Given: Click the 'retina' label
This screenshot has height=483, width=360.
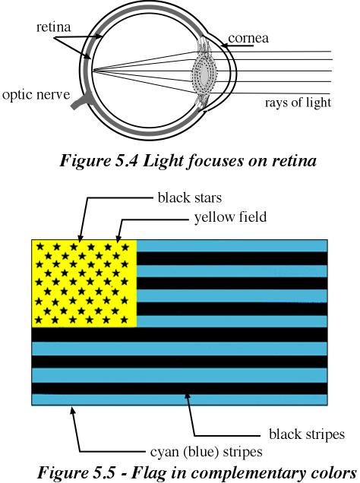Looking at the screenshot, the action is click(x=54, y=27).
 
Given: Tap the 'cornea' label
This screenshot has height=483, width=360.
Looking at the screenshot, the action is click(x=248, y=38).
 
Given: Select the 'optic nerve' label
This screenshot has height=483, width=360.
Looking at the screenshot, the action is click(x=36, y=95).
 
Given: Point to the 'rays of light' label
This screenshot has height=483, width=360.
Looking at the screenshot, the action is click(x=298, y=103).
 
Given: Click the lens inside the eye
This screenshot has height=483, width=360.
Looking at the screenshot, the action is click(x=204, y=73).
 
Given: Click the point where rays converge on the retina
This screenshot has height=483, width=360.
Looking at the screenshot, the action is click(x=93, y=71).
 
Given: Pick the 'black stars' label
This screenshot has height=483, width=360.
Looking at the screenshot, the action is click(x=189, y=197).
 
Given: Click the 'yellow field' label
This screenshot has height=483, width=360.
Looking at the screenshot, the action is click(x=230, y=217).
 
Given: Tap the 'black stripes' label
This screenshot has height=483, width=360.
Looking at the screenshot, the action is click(x=307, y=434).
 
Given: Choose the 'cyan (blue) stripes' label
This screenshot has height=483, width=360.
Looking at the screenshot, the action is click(x=207, y=452).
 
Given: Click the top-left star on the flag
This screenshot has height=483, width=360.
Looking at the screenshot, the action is click(x=39, y=246).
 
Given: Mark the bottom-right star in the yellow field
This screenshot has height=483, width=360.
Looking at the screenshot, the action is click(x=124, y=320).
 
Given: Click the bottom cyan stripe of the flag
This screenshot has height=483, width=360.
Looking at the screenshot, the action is click(x=179, y=399).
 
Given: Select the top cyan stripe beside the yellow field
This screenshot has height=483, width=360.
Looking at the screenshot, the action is click(x=232, y=246).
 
